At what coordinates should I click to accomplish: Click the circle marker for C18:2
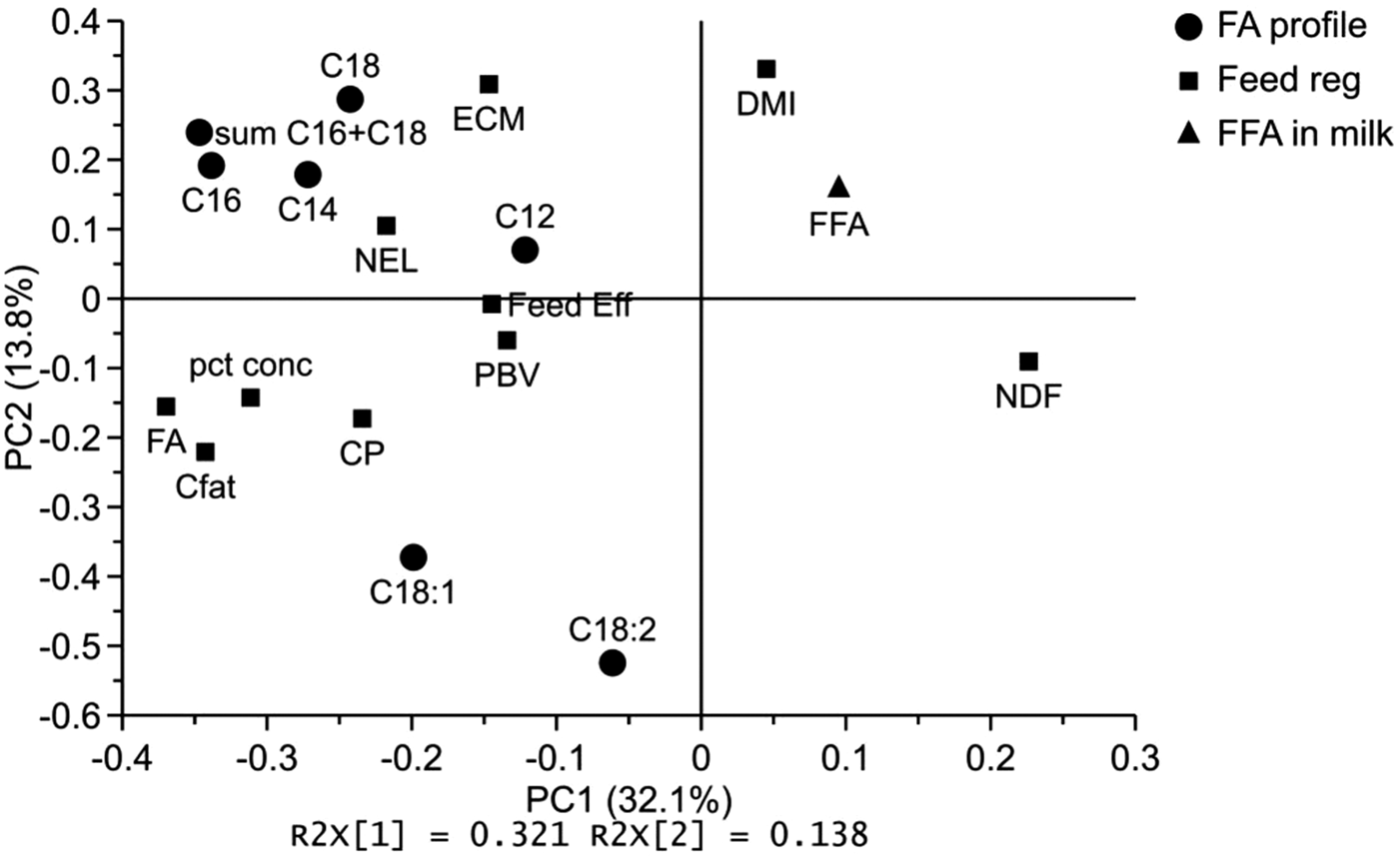point(613,662)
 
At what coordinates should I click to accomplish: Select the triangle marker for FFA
point(839,187)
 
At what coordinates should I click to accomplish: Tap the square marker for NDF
point(1029,361)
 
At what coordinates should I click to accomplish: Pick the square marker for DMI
point(766,69)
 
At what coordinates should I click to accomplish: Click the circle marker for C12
point(526,250)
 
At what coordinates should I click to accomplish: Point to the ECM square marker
point(489,84)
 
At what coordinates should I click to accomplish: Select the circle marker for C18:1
point(414,556)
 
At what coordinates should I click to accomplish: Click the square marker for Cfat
point(206,452)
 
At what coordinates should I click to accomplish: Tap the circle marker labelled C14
point(308,174)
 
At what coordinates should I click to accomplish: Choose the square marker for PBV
point(508,341)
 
